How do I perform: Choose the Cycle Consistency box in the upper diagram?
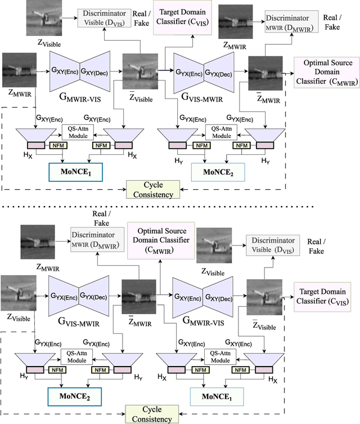[153, 189]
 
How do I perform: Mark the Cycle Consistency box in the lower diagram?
[153, 414]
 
